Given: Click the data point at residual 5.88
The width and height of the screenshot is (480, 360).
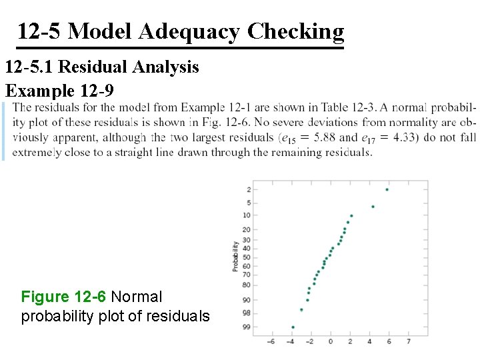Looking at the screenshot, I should coord(387,189).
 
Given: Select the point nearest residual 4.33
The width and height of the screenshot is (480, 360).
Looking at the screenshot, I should coord(373,207).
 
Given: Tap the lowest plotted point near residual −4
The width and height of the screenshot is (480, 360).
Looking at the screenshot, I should coord(293,327).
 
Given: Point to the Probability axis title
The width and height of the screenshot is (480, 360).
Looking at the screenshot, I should coord(235,256).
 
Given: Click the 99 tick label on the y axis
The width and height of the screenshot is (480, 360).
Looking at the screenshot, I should coord(247,327).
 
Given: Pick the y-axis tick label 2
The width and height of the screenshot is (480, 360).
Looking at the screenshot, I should coord(248,190).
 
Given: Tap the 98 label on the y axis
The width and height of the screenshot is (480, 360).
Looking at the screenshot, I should coord(247,313).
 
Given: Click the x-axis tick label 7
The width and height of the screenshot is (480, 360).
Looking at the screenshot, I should coord(408,341).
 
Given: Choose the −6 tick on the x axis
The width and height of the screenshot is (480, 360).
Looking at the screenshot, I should coord(271,341).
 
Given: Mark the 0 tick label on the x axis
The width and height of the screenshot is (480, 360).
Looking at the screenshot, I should coord(331,341).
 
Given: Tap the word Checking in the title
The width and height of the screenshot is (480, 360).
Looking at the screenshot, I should coord(295,31).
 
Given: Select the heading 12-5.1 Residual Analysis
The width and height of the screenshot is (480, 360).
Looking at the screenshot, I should coord(102,67).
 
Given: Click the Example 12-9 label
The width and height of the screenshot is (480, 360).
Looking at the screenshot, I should coord(60,90).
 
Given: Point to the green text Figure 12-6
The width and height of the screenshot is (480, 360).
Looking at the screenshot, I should coord(63,297).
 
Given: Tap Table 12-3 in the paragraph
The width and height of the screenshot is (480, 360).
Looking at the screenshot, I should coord(347,107).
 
